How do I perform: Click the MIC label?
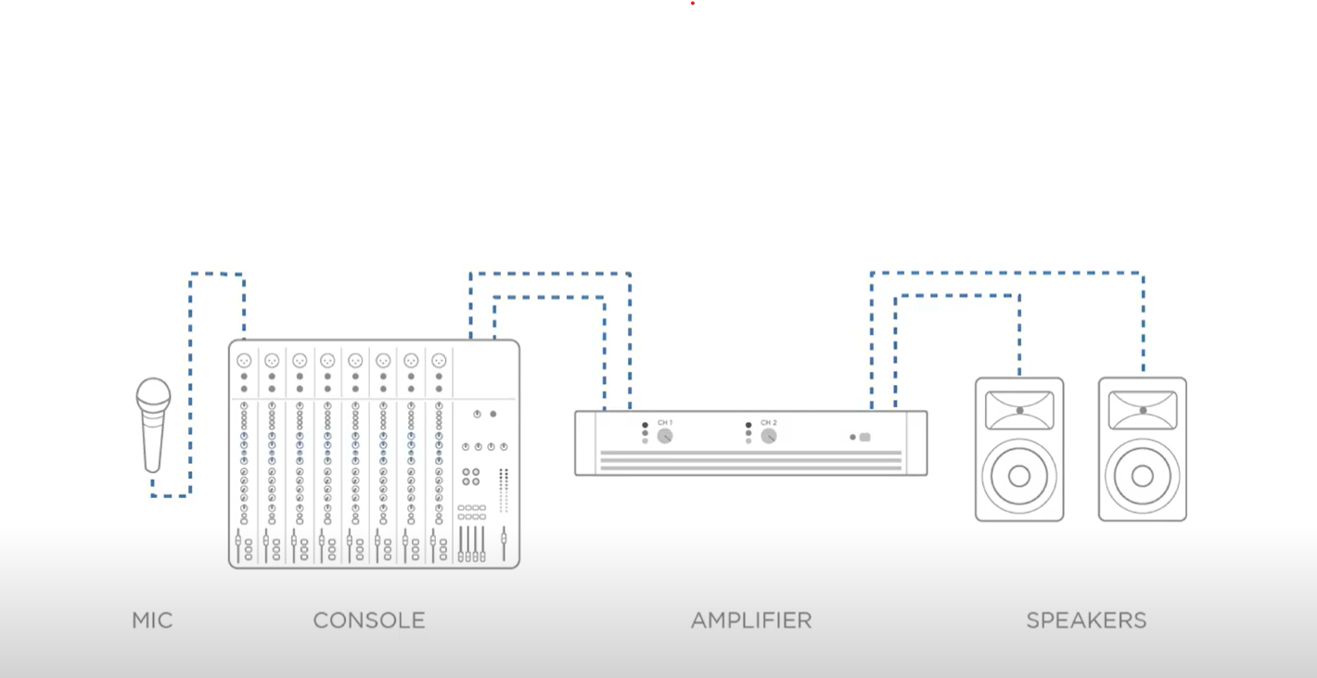[x=152, y=620]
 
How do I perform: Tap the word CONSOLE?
[x=369, y=620]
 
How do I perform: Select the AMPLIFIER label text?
[x=751, y=620]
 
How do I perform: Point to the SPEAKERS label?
[x=1086, y=620]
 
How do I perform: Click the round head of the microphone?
[x=153, y=396]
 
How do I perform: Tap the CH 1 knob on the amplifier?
[x=665, y=436]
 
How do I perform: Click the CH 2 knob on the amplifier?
[x=769, y=436]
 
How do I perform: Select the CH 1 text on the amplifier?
[x=665, y=423]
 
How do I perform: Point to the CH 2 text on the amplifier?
[x=769, y=423]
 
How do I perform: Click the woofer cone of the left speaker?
[x=1019, y=476]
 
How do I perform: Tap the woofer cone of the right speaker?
[x=1143, y=476]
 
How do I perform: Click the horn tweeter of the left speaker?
[x=1019, y=410]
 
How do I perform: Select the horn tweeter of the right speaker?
[x=1143, y=410]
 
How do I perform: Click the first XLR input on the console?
[x=244, y=361]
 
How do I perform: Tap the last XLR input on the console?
[x=439, y=361]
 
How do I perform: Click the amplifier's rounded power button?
[x=865, y=437]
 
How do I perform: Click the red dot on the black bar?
[x=693, y=3]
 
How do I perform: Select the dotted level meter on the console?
[x=504, y=490]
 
